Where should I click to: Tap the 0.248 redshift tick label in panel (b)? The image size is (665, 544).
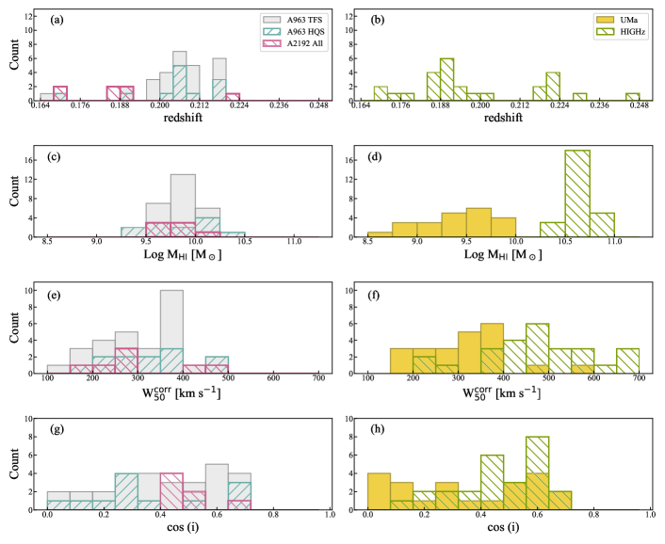click(641, 111)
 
